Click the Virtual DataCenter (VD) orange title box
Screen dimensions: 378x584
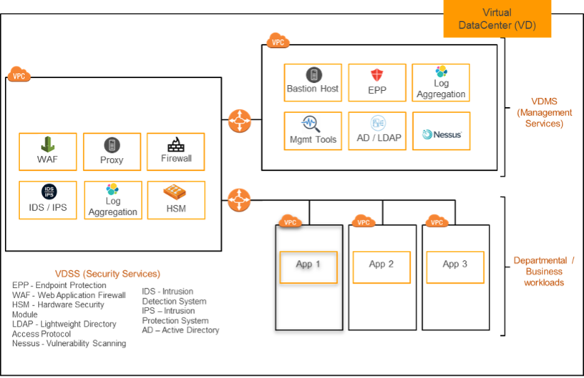(496, 19)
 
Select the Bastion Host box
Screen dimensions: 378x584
(313, 83)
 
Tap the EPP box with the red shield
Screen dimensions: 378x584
(376, 83)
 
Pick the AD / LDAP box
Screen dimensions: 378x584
(377, 131)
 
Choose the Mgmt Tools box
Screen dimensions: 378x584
(313, 131)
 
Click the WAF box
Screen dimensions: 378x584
(47, 152)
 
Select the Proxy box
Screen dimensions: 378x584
(112, 152)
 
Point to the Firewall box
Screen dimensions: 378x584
(176, 152)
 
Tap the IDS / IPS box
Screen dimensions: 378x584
(47, 200)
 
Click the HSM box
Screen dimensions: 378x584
(176, 200)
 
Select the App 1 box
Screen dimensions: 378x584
(308, 267)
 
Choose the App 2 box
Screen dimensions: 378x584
(381, 267)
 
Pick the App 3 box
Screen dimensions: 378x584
(455, 267)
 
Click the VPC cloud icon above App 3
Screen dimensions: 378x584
(437, 222)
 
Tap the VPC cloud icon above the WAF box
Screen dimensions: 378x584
(19, 74)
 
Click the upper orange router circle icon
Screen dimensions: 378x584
(240, 121)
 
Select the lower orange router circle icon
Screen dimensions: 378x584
(239, 200)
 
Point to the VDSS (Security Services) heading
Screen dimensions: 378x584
(108, 274)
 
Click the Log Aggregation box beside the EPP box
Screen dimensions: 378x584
(441, 83)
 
